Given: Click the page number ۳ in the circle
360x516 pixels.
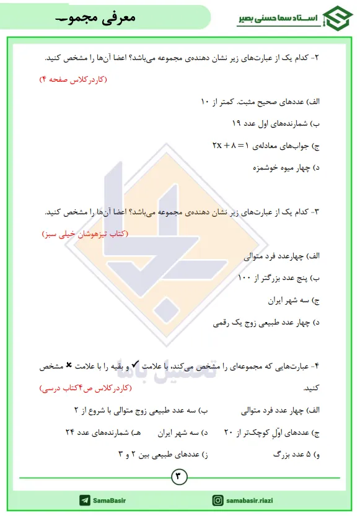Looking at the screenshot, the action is coord(180,476).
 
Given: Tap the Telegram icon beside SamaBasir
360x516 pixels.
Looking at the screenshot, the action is coord(84,500).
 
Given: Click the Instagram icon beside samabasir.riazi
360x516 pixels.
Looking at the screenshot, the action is coord(218,500).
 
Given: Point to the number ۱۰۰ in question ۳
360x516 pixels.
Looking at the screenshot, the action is coord(245,278).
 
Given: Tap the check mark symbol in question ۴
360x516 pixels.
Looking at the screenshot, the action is coord(136,366).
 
